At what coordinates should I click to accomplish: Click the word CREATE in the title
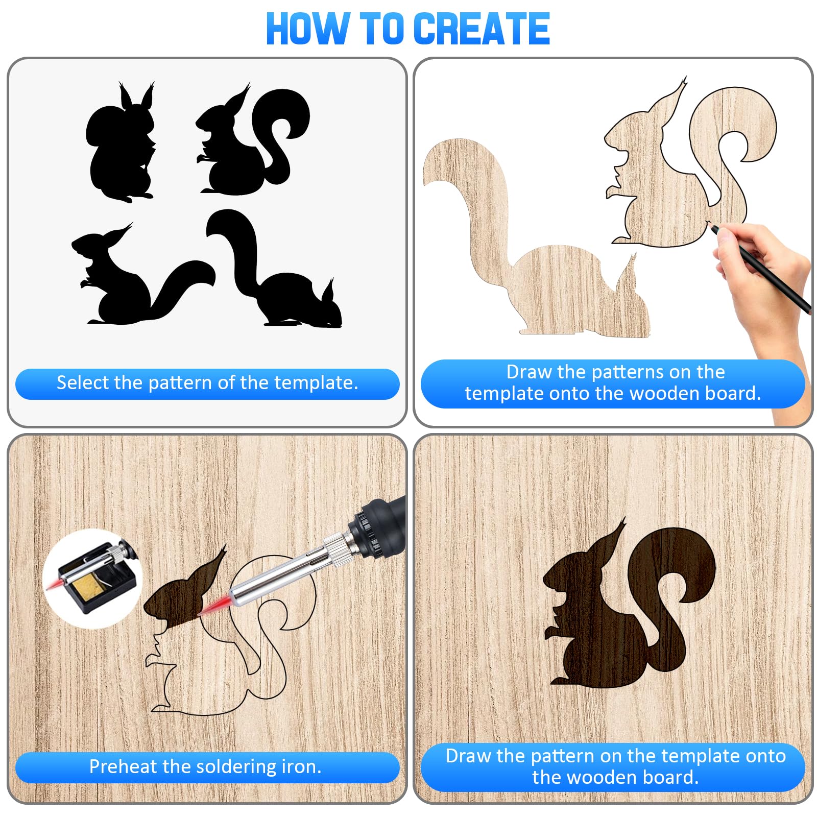coord(481,29)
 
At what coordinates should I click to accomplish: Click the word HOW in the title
coord(308,29)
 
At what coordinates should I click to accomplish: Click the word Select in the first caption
coord(83,382)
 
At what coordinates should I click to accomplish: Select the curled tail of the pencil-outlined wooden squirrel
coord(735,143)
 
